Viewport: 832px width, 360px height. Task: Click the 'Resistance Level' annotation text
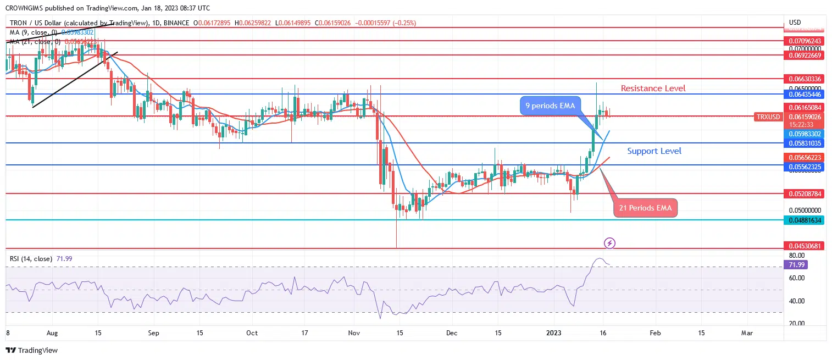pyautogui.click(x=653, y=88)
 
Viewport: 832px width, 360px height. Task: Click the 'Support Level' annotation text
pyautogui.click(x=654, y=151)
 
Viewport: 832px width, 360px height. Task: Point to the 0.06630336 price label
pyautogui.click(x=804, y=79)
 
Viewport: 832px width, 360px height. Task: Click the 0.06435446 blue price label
pyautogui.click(x=804, y=95)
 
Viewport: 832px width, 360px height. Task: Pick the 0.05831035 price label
pyautogui.click(x=804, y=143)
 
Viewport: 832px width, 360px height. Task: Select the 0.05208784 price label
pyautogui.click(x=804, y=194)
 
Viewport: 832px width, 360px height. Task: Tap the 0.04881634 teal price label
pyautogui.click(x=804, y=220)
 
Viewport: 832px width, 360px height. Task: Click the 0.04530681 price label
pyautogui.click(x=804, y=246)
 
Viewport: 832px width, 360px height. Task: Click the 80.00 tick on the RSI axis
pyautogui.click(x=797, y=256)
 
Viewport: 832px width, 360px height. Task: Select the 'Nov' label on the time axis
pyautogui.click(x=354, y=333)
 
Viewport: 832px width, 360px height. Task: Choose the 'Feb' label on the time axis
pyautogui.click(x=654, y=333)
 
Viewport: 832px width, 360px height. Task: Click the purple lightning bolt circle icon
pyautogui.click(x=609, y=242)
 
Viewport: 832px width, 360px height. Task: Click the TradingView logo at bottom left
pyautogui.click(x=32, y=350)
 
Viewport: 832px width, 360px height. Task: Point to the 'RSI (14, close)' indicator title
pyautogui.click(x=31, y=258)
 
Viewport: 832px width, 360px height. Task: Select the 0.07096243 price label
pyautogui.click(x=804, y=41)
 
